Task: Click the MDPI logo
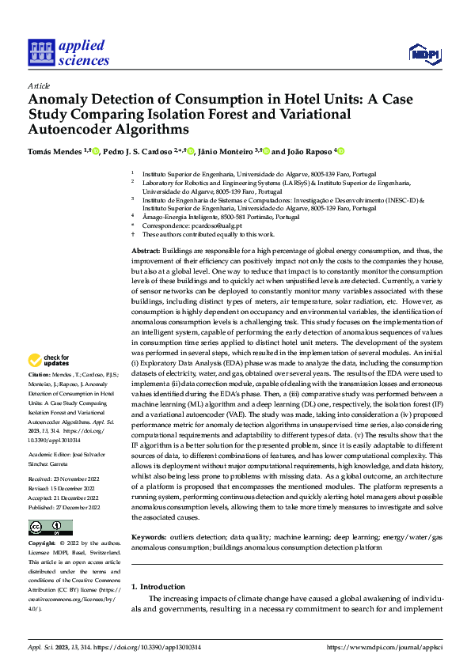point(425,53)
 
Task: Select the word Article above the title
point(39,85)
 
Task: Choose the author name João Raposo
point(310,151)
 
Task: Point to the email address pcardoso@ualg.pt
point(191,225)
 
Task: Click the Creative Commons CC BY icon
point(50,527)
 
